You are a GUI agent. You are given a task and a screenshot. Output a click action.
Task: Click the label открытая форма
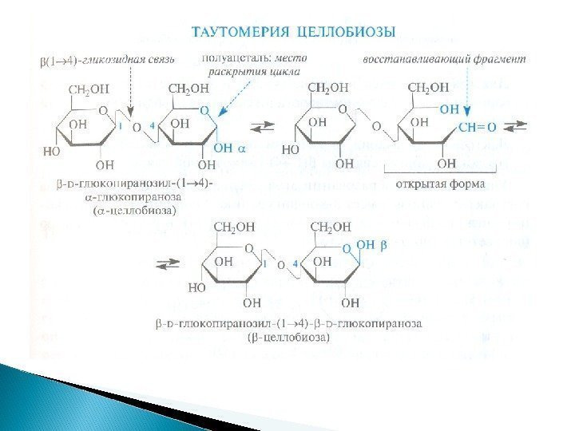click(427, 181)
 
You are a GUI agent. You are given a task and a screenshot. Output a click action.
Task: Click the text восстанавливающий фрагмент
click(445, 60)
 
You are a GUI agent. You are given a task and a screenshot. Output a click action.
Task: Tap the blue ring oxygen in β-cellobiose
click(346, 248)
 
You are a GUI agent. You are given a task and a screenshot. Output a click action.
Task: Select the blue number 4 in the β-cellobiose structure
click(296, 263)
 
